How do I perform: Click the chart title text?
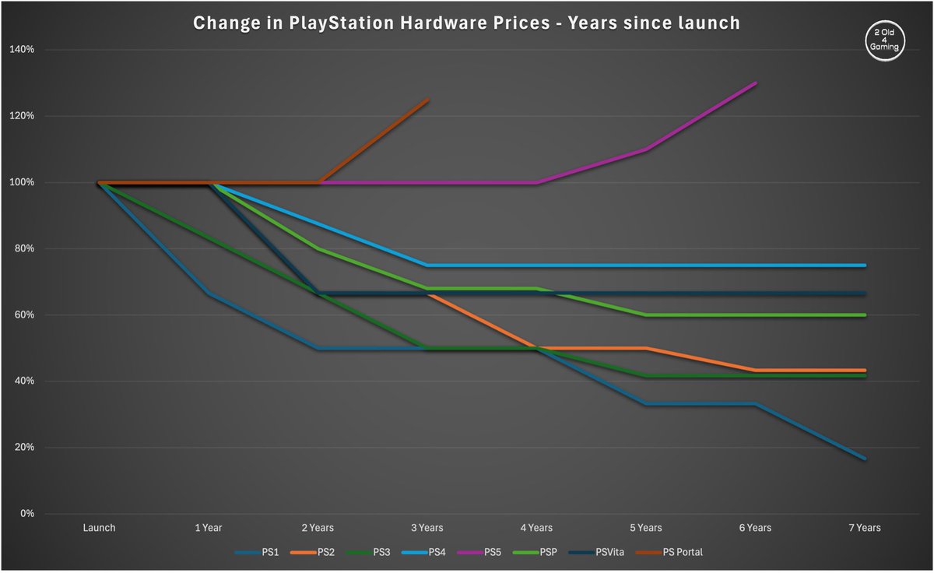pyautogui.click(x=467, y=23)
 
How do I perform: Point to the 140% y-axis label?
pyautogui.click(x=22, y=50)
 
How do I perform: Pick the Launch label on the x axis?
pyautogui.click(x=99, y=528)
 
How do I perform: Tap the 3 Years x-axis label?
pyautogui.click(x=427, y=528)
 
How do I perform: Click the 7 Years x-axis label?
pyautogui.click(x=865, y=528)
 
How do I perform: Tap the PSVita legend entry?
pyautogui.click(x=602, y=553)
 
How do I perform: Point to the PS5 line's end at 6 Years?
pyautogui.click(x=756, y=83)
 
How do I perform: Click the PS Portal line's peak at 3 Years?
pyautogui.click(x=428, y=100)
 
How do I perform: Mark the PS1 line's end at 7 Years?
pyautogui.click(x=865, y=459)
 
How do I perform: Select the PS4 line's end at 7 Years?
pyautogui.click(x=865, y=265)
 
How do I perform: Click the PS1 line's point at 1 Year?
pyautogui.click(x=209, y=293)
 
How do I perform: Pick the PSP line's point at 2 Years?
pyautogui.click(x=318, y=249)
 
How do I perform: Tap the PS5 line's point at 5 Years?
pyautogui.click(x=646, y=149)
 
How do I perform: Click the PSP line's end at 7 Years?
pyautogui.click(x=865, y=315)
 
